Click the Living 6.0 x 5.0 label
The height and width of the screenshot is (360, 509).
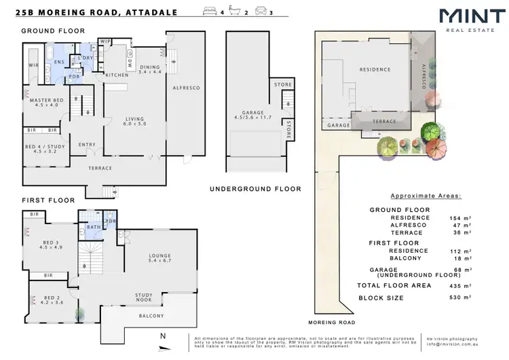pyautogui.click(x=133, y=121)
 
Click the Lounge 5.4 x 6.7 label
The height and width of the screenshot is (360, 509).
pyautogui.click(x=161, y=258)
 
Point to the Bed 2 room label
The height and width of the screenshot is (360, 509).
pyautogui.click(x=52, y=300)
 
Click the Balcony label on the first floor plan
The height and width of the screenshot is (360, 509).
pyautogui.click(x=152, y=316)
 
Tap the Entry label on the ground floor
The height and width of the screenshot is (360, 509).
pyautogui.click(x=87, y=144)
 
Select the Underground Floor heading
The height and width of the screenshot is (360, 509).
pyautogui.click(x=255, y=188)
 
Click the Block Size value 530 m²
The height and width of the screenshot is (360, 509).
pyautogui.click(x=442, y=298)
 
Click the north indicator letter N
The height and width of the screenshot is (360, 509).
pyautogui.click(x=162, y=336)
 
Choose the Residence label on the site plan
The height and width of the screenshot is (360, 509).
pyautogui.click(x=375, y=69)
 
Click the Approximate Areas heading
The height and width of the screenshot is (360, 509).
pyautogui.click(x=426, y=195)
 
